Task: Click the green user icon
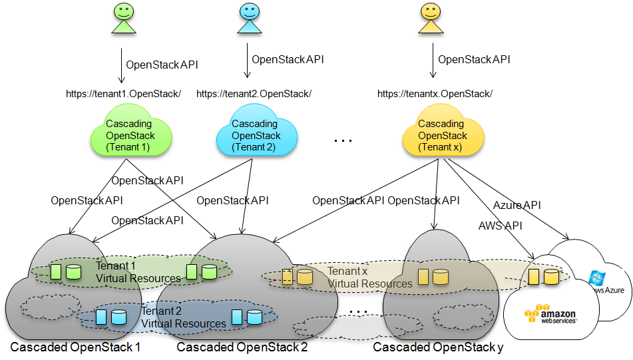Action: [x=124, y=18]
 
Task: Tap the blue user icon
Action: [x=248, y=18]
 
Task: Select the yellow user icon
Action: [x=430, y=18]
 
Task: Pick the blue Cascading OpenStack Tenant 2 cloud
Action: [x=256, y=136]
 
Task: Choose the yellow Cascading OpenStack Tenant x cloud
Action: [x=440, y=136]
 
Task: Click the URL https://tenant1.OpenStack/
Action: [x=123, y=94]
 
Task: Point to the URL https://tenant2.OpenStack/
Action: [x=254, y=94]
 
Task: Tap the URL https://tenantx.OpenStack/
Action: [x=435, y=94]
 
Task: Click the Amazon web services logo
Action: [x=549, y=315]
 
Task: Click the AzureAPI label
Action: [x=517, y=205]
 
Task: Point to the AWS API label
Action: [x=500, y=226]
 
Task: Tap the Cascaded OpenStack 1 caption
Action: [x=75, y=347]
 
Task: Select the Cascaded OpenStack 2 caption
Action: [x=242, y=347]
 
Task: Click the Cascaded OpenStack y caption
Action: [x=438, y=347]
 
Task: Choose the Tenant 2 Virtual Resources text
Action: [x=183, y=317]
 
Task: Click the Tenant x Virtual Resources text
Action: [x=369, y=277]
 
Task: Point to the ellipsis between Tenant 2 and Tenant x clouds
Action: [x=343, y=140]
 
